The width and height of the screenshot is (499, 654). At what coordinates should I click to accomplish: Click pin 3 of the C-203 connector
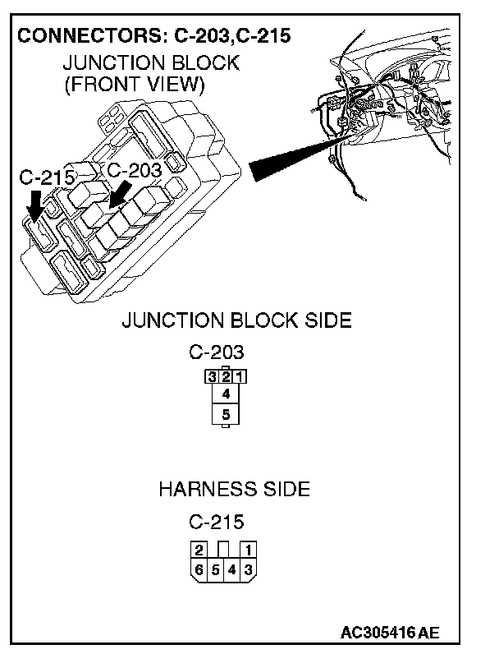click(212, 378)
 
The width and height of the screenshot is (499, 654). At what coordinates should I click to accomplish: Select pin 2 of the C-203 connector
click(225, 378)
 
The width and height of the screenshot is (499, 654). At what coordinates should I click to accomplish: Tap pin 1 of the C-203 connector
click(238, 378)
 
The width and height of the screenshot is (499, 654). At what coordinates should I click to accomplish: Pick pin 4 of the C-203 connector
click(225, 394)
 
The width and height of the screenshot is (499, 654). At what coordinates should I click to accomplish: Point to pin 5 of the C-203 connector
click(225, 415)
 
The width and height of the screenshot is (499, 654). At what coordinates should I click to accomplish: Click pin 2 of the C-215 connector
click(199, 550)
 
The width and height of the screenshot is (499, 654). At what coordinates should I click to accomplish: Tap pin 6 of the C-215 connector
click(199, 569)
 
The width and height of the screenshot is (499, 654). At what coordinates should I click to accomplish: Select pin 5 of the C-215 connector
click(216, 569)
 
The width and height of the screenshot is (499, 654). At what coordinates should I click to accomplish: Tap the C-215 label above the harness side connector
click(217, 522)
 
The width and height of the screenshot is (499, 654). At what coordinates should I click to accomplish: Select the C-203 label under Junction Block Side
click(217, 352)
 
